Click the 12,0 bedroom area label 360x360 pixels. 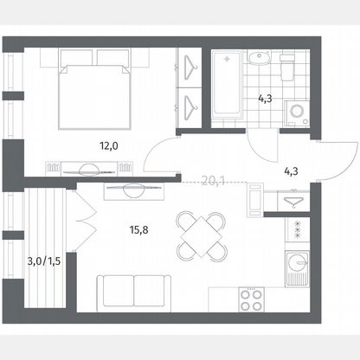click(109, 146)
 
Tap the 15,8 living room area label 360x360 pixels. click(139, 230)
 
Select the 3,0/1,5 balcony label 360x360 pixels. click(44, 261)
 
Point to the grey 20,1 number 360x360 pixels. click(213, 181)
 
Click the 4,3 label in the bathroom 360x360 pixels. click(265, 100)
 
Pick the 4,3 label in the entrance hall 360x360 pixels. click(291, 171)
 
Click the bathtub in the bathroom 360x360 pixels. click(227, 85)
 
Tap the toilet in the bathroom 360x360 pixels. click(287, 67)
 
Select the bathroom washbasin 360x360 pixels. click(260, 58)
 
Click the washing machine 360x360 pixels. click(297, 113)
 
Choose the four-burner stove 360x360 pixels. click(252, 299)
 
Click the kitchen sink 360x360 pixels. click(297, 269)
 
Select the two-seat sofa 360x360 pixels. click(134, 293)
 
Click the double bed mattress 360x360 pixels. click(95, 97)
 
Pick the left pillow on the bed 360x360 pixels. click(76, 58)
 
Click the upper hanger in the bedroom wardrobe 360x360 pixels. click(190, 67)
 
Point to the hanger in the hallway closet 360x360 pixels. click(293, 202)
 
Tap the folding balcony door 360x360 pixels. click(85, 220)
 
